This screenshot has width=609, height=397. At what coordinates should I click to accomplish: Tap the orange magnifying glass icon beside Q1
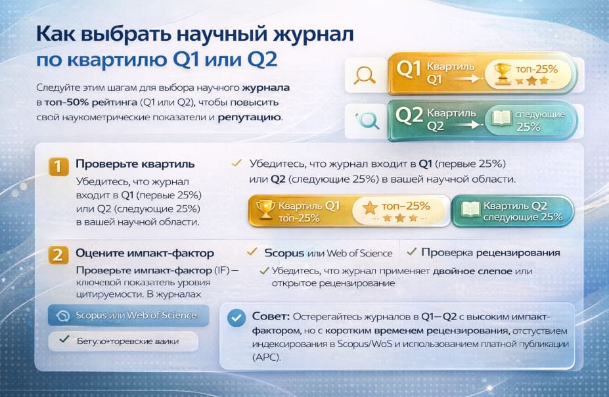(x=363, y=75)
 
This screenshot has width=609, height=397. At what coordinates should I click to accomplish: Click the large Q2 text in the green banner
(x=410, y=116)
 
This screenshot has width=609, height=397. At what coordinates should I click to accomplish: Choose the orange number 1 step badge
(x=59, y=167)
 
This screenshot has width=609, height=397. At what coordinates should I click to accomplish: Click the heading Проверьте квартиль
(x=135, y=164)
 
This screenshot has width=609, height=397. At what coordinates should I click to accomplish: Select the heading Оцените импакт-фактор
(x=144, y=253)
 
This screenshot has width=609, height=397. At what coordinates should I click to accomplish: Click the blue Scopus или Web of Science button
(x=128, y=315)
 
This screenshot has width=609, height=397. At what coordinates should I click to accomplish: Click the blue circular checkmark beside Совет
(x=235, y=318)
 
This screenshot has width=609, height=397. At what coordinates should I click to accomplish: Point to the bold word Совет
(x=267, y=316)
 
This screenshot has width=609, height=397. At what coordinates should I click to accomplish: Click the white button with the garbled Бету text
(x=127, y=340)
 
